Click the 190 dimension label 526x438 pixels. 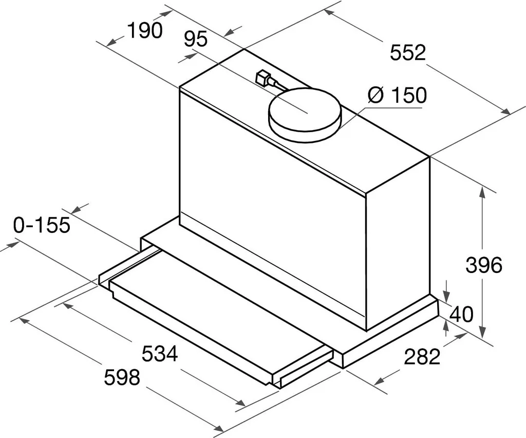(x=145, y=31)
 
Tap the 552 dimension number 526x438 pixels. (x=408, y=52)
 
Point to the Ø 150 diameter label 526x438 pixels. (x=397, y=95)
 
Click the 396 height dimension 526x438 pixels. (x=483, y=265)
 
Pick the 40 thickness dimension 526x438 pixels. (x=461, y=314)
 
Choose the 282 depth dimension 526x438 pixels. (x=422, y=356)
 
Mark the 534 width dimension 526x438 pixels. (x=159, y=354)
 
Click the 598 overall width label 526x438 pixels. (x=122, y=378)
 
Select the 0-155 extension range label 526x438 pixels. (x=42, y=225)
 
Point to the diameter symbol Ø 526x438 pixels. (x=376, y=95)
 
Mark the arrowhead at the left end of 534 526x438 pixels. (x=65, y=305)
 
